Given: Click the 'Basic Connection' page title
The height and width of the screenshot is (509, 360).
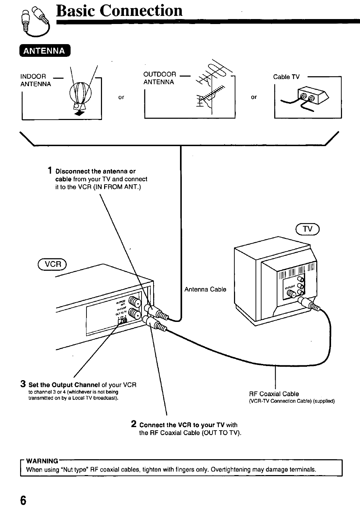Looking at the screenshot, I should [x=119, y=11].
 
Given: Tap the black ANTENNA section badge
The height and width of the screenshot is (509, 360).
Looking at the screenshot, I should [x=44, y=51].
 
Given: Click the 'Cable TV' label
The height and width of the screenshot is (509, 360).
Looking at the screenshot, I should [x=286, y=77].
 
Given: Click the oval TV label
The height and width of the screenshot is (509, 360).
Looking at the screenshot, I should [x=308, y=229].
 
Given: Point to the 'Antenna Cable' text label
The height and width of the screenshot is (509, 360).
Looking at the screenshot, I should [x=205, y=289].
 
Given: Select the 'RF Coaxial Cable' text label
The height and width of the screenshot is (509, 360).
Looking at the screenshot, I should [x=274, y=394].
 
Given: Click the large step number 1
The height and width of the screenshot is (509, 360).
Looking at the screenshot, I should [x=51, y=171].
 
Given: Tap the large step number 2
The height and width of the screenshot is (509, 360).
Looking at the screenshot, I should [x=134, y=424].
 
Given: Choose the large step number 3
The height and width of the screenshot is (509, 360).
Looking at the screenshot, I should [x=23, y=384].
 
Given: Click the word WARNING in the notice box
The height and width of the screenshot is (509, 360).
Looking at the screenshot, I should [x=42, y=461].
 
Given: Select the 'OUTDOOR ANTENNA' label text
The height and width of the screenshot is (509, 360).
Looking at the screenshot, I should [x=160, y=78].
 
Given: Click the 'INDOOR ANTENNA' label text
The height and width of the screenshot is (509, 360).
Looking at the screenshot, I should [x=35, y=80].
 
